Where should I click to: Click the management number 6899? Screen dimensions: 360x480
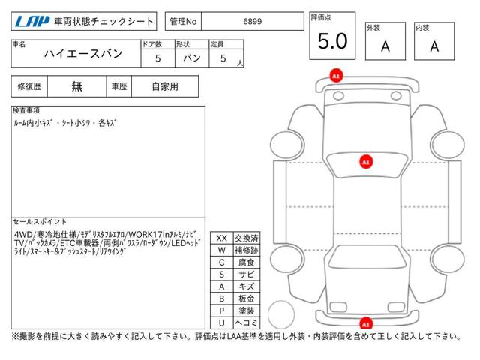252,22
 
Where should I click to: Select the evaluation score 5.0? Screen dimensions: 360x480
332,42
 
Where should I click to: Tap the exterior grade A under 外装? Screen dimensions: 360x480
385,46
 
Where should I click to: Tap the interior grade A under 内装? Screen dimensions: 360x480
434,46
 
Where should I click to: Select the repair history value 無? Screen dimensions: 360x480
77,86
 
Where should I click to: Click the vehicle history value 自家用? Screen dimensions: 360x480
164,86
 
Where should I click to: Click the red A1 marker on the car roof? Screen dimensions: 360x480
366,161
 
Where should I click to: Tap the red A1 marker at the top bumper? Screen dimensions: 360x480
336,76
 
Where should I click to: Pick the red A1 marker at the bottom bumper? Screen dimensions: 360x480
366,323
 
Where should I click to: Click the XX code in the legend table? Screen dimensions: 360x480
222,238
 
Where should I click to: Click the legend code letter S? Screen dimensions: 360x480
222,274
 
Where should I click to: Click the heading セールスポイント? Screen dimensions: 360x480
40,222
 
